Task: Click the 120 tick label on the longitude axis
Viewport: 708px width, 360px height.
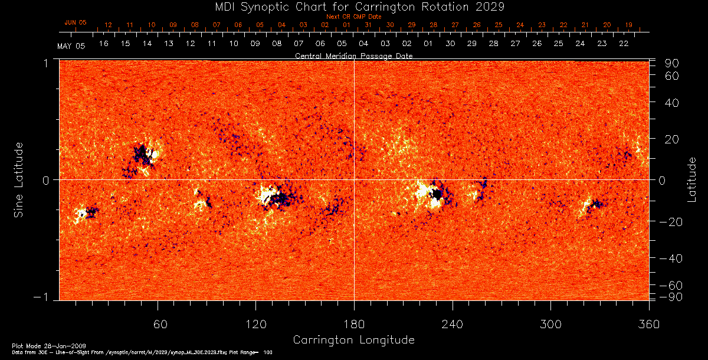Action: pyautogui.click(x=255, y=325)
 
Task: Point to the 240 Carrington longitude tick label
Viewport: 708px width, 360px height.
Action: pyautogui.click(x=453, y=325)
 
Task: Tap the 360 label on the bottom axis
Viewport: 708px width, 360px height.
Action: pyautogui.click(x=648, y=325)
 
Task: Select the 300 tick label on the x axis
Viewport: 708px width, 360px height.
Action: pyautogui.click(x=550, y=325)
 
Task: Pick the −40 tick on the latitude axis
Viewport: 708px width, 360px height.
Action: pyautogui.click(x=670, y=259)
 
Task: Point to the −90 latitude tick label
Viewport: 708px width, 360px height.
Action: pyautogui.click(x=670, y=297)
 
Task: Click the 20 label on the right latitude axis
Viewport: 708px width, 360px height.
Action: pyautogui.click(x=673, y=139)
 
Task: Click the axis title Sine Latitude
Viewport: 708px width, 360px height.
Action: pyautogui.click(x=19, y=179)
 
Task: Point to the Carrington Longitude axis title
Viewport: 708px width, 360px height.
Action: pyautogui.click(x=353, y=341)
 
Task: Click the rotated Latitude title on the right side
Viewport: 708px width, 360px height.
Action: pyautogui.click(x=691, y=179)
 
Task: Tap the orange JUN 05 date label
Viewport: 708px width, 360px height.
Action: pyautogui.click(x=75, y=22)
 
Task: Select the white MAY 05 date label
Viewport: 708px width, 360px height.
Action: pyautogui.click(x=71, y=46)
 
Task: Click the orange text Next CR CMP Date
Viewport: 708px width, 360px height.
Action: pyautogui.click(x=354, y=17)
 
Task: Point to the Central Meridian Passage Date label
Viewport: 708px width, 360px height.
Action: pyautogui.click(x=353, y=55)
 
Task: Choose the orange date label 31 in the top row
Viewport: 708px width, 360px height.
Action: pyautogui.click(x=368, y=25)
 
